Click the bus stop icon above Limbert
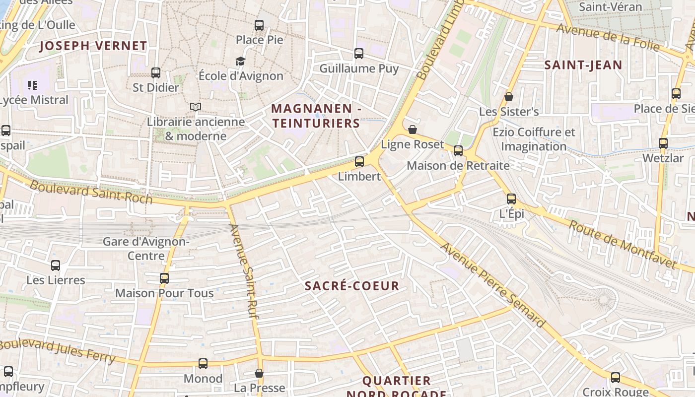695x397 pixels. tap(359, 161)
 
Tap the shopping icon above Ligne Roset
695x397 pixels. tap(412, 130)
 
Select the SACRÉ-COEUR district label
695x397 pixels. tap(351, 286)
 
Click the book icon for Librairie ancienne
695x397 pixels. tap(196, 107)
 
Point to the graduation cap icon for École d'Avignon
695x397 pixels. tap(240, 61)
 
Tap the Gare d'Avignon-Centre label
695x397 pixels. tap(146, 249)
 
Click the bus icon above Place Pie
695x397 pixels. tap(259, 25)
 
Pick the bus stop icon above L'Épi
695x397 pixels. tap(511, 199)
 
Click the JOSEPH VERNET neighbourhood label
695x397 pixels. tap(93, 46)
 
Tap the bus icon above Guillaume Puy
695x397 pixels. tap(358, 53)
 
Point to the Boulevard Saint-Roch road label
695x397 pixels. tap(91, 192)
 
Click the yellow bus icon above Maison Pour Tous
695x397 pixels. tap(164, 278)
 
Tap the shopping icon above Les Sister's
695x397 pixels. tap(508, 97)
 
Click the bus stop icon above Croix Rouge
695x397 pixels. tap(616, 377)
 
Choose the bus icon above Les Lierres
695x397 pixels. tap(56, 265)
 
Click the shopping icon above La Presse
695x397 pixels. tap(259, 373)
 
